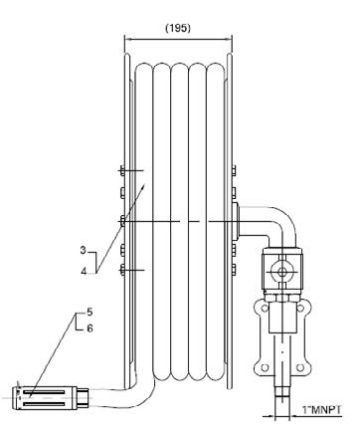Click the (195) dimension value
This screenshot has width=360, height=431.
pyautogui.click(x=178, y=29)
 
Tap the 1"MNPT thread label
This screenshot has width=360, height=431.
pyautogui.click(x=321, y=410)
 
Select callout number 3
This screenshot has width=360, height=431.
pyautogui.click(x=83, y=250)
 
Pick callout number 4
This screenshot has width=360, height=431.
pyautogui.click(x=84, y=271)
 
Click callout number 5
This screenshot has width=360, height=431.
pyautogui.click(x=90, y=312)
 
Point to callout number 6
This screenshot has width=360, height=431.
pyautogui.click(x=90, y=328)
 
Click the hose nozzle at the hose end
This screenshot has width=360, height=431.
pyautogui.click(x=50, y=398)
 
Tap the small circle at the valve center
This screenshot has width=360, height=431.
pyautogui.click(x=282, y=272)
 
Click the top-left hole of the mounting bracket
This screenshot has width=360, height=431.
pyautogui.click(x=265, y=309)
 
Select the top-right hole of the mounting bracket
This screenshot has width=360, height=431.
pyautogui.click(x=300, y=309)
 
